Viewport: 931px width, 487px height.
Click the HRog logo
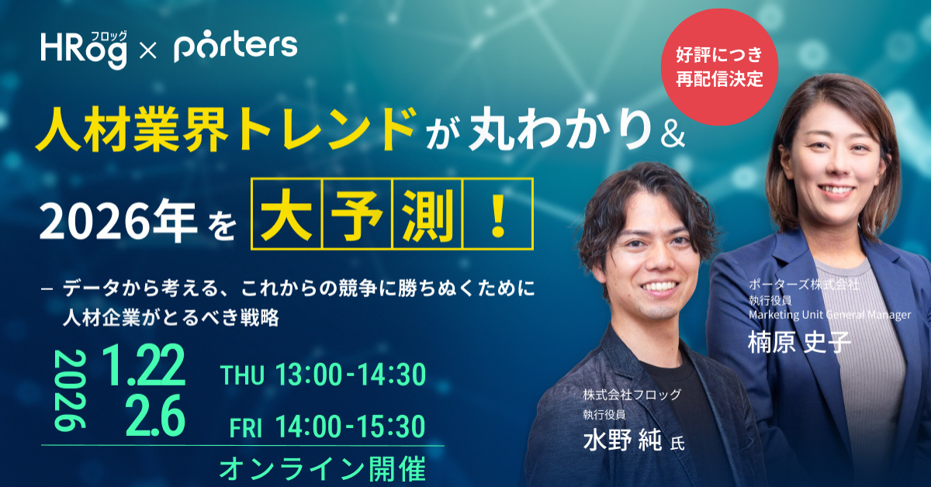tap(84, 50)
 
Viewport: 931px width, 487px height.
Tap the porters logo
tap(236, 46)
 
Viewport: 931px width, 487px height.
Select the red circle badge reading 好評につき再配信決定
tap(719, 67)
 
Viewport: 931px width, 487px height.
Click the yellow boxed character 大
tap(287, 213)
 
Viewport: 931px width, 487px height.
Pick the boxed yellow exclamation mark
tap(498, 213)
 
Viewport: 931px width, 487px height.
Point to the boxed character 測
tap(427, 213)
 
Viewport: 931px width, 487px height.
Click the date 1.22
tap(144, 366)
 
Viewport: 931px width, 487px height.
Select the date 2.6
tap(155, 416)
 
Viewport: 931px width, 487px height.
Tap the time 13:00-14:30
tap(351, 375)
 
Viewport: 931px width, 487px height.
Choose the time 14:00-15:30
tap(351, 427)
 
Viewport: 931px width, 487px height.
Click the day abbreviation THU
tap(242, 375)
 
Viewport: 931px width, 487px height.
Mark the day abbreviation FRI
tap(246, 427)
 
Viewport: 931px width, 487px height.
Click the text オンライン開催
tap(323, 468)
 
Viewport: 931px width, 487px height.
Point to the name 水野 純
tap(622, 440)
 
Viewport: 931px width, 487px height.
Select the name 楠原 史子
tap(799, 342)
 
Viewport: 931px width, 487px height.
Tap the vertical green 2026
tap(70, 390)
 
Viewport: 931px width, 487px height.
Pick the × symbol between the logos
tap(148, 53)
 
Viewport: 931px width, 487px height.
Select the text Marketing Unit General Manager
tap(829, 315)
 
